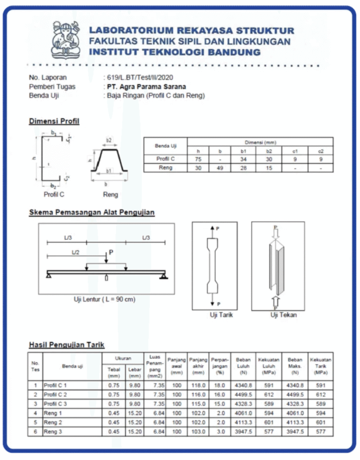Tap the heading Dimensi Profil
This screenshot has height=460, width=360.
(x=54, y=121)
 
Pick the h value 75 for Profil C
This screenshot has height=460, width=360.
(x=198, y=159)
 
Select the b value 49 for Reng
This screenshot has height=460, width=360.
(x=220, y=168)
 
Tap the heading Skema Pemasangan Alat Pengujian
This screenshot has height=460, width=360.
(x=92, y=212)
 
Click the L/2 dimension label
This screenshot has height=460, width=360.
(x=75, y=252)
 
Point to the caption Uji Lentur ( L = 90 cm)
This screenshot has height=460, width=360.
(x=105, y=299)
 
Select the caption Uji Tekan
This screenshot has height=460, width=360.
(x=284, y=315)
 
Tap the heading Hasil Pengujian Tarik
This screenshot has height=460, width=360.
(x=67, y=345)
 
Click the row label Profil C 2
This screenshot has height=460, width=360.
(x=55, y=394)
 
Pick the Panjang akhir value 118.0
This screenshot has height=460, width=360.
(x=198, y=385)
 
